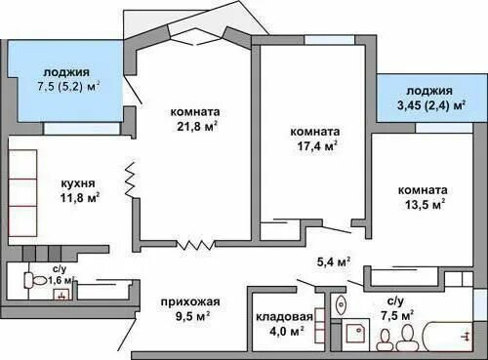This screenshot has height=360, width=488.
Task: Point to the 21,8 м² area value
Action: click(x=192, y=126)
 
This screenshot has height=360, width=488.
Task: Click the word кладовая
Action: click(x=284, y=317)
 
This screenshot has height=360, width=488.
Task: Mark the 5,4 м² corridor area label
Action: click(x=334, y=261)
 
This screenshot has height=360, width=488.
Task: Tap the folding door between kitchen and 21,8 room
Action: click(x=129, y=182)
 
